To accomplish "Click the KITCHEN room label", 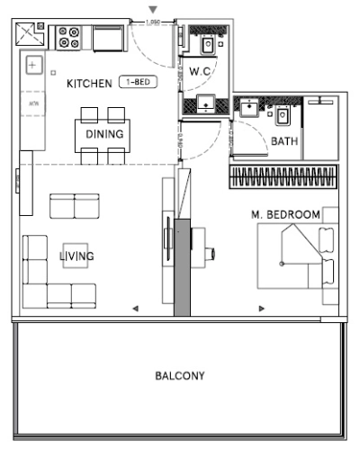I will pyautogui.click(x=88, y=84).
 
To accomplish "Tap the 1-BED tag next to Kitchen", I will pyautogui.click(x=138, y=83).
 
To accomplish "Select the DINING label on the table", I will pyautogui.click(x=104, y=134).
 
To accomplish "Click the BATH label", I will pyautogui.click(x=285, y=141).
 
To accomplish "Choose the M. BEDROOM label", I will pyautogui.click(x=285, y=214).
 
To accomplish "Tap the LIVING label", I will pyautogui.click(x=76, y=256).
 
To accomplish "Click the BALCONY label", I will pyautogui.click(x=179, y=375).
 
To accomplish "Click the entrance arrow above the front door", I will pyautogui.click(x=152, y=10).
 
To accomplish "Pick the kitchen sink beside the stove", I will pyautogui.click(x=108, y=39).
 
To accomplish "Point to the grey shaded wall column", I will pyautogui.click(x=182, y=267).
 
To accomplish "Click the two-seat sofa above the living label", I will pyautogui.click(x=74, y=206).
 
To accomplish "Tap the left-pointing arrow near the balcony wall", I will pyautogui.click(x=135, y=309).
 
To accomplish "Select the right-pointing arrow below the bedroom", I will pyautogui.click(x=262, y=309).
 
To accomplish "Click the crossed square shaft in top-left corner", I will pyautogui.click(x=32, y=36).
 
